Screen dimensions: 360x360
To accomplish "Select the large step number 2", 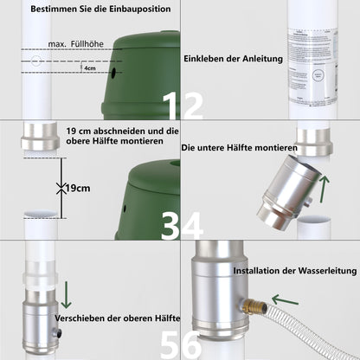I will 191,106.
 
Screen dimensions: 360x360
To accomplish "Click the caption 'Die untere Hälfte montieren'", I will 240,148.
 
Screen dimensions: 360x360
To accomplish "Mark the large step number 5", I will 170,344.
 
